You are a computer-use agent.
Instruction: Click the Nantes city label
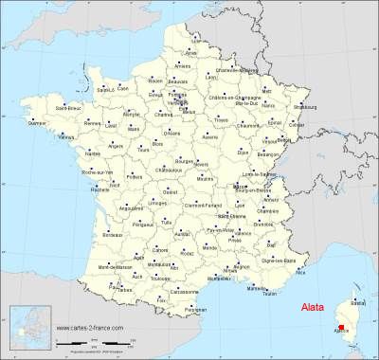tap(92, 152)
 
